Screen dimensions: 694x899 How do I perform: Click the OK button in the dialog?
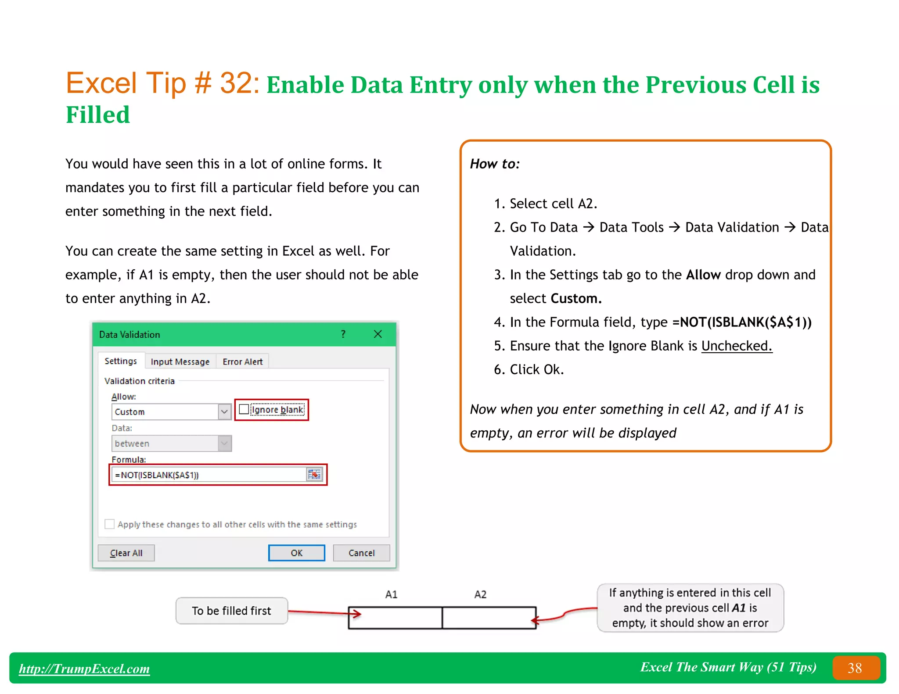coord(296,553)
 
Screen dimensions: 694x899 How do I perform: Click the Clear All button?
coord(126,553)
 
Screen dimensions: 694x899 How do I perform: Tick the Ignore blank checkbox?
coord(245,409)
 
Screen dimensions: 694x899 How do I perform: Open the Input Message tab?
coord(180,361)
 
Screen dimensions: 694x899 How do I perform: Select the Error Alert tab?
coord(242,361)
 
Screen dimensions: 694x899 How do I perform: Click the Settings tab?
coord(121,361)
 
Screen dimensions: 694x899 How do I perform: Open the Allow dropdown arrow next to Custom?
coord(224,411)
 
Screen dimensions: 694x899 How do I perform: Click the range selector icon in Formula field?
coord(314,475)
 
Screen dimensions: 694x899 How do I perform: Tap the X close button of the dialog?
coord(378,334)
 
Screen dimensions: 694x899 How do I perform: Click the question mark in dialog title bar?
coord(343,334)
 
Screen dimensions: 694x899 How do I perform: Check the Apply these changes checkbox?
coord(110,524)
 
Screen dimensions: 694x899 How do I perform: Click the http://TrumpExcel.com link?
coord(84,668)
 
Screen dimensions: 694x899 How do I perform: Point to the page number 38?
coord(855,668)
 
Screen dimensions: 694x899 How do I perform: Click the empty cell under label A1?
coord(395,618)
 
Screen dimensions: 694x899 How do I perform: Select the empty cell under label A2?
coord(489,618)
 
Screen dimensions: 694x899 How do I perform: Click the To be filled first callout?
coord(231,611)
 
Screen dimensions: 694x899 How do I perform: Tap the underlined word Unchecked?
coord(736,346)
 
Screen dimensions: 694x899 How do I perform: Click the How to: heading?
coord(495,164)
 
